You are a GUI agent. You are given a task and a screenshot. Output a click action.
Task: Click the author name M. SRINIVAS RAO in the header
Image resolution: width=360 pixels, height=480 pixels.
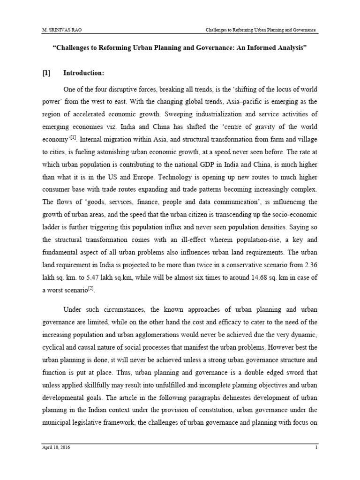[x=60, y=30]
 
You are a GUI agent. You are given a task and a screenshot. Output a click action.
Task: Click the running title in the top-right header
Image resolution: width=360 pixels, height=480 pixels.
[x=261, y=30]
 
